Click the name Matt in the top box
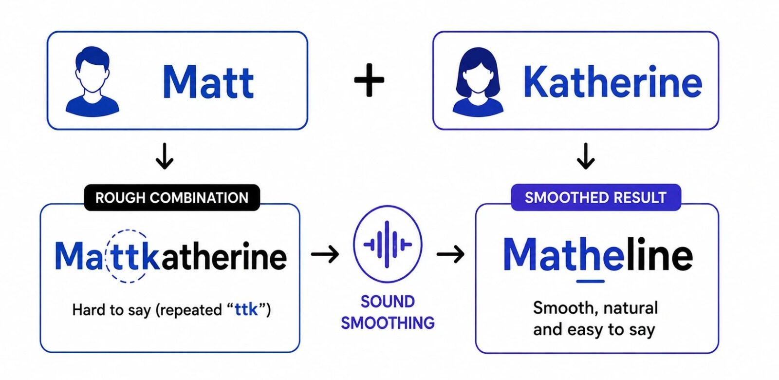[x=208, y=81]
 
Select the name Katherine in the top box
[x=612, y=81]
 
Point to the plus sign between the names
[x=369, y=80]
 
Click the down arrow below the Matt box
[x=164, y=156]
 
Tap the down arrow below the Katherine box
[x=586, y=156]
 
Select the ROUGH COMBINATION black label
[x=172, y=198]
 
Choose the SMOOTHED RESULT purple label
[x=596, y=197]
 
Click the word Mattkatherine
[x=171, y=256]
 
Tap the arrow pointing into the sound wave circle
[x=325, y=254]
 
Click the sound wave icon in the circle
[x=388, y=244]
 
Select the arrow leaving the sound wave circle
[x=450, y=254]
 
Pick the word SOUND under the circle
[x=388, y=302]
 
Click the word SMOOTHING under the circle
[x=388, y=323]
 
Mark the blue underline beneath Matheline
[x=590, y=281]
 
